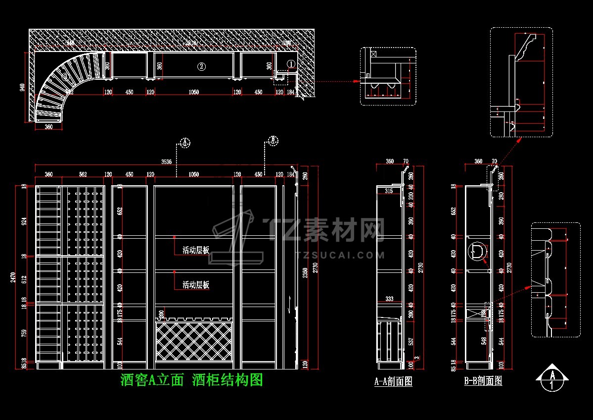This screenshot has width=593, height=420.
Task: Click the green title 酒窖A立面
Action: (x=152, y=380)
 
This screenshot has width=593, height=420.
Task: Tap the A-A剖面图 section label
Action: (x=393, y=381)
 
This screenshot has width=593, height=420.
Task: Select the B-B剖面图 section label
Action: (x=483, y=381)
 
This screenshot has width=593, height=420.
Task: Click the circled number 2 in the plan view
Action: (x=201, y=66)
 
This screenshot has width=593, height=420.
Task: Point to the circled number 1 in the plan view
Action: (x=291, y=63)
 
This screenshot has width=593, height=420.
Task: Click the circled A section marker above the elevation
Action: (x=184, y=143)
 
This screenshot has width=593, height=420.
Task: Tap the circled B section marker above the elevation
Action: (x=273, y=140)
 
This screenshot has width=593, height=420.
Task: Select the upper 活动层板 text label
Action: (x=196, y=250)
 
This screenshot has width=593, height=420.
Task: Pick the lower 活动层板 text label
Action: (x=196, y=285)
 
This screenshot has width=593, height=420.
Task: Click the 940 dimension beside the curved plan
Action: (x=22, y=88)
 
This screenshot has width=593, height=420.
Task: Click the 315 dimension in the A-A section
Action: (x=389, y=191)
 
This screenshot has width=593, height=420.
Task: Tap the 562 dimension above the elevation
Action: (x=83, y=174)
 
